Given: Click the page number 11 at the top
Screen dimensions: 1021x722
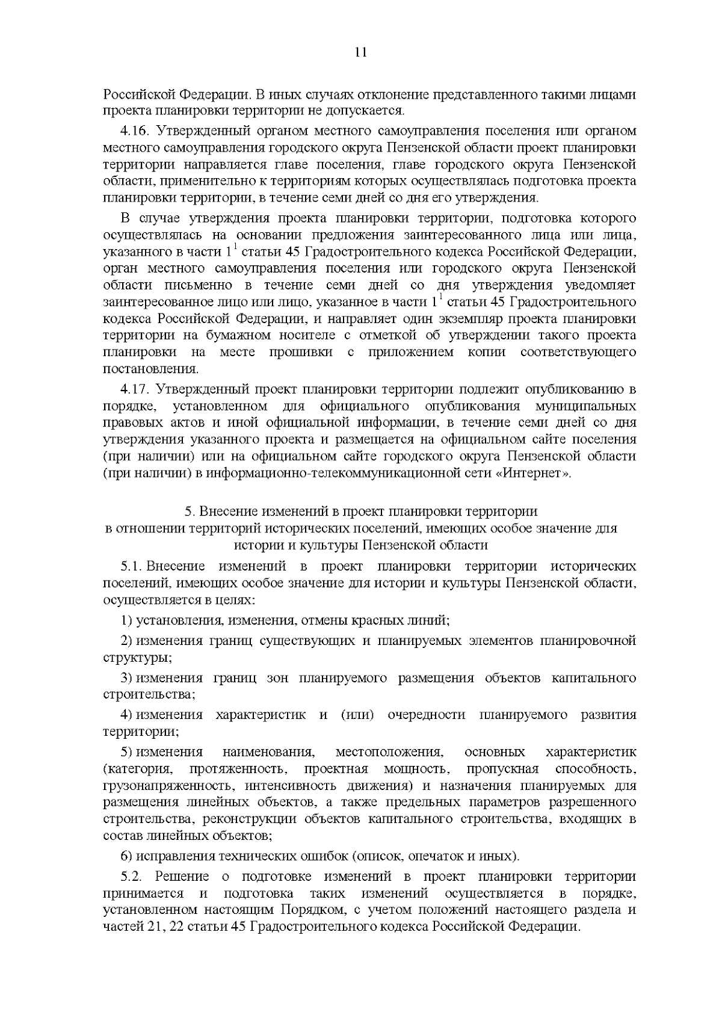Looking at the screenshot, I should point(360,52).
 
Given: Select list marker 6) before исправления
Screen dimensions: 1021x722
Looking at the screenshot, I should point(126,856).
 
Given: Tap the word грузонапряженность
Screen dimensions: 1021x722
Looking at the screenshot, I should point(159,786).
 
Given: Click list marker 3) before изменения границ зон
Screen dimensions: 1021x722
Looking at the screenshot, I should point(126,678).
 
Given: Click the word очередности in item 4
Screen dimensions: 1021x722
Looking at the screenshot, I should point(427,715).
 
